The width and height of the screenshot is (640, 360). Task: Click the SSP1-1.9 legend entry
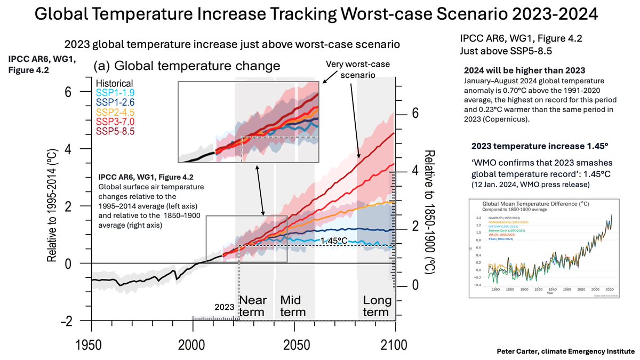point(114,93)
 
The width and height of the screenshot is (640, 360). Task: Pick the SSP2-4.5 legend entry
point(114,113)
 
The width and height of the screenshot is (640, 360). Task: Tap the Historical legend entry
point(114,84)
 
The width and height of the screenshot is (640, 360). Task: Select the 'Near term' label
point(252,306)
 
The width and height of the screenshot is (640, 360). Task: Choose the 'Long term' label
point(377,306)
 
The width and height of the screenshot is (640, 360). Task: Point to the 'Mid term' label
point(293,306)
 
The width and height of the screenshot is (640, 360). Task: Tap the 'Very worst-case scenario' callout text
point(351,69)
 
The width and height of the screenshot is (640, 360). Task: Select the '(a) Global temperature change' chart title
point(187,66)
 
